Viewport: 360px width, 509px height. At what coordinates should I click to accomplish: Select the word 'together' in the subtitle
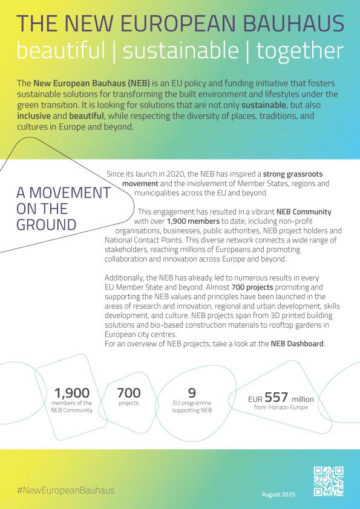point(299,51)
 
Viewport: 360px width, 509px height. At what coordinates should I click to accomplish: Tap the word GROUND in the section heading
point(46,225)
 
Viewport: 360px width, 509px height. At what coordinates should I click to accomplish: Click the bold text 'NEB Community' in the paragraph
point(304,212)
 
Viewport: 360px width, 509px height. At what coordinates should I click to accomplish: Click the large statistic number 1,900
point(71,393)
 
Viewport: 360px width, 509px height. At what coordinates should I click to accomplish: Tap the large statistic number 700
point(128,392)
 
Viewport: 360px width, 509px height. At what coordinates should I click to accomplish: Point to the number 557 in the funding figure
point(276,397)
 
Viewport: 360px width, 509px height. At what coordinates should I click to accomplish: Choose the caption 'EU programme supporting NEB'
point(192,407)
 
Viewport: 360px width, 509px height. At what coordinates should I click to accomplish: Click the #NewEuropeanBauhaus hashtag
point(65,490)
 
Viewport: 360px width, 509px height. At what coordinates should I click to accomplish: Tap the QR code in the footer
point(329,482)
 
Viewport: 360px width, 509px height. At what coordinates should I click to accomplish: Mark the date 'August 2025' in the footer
point(278,494)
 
